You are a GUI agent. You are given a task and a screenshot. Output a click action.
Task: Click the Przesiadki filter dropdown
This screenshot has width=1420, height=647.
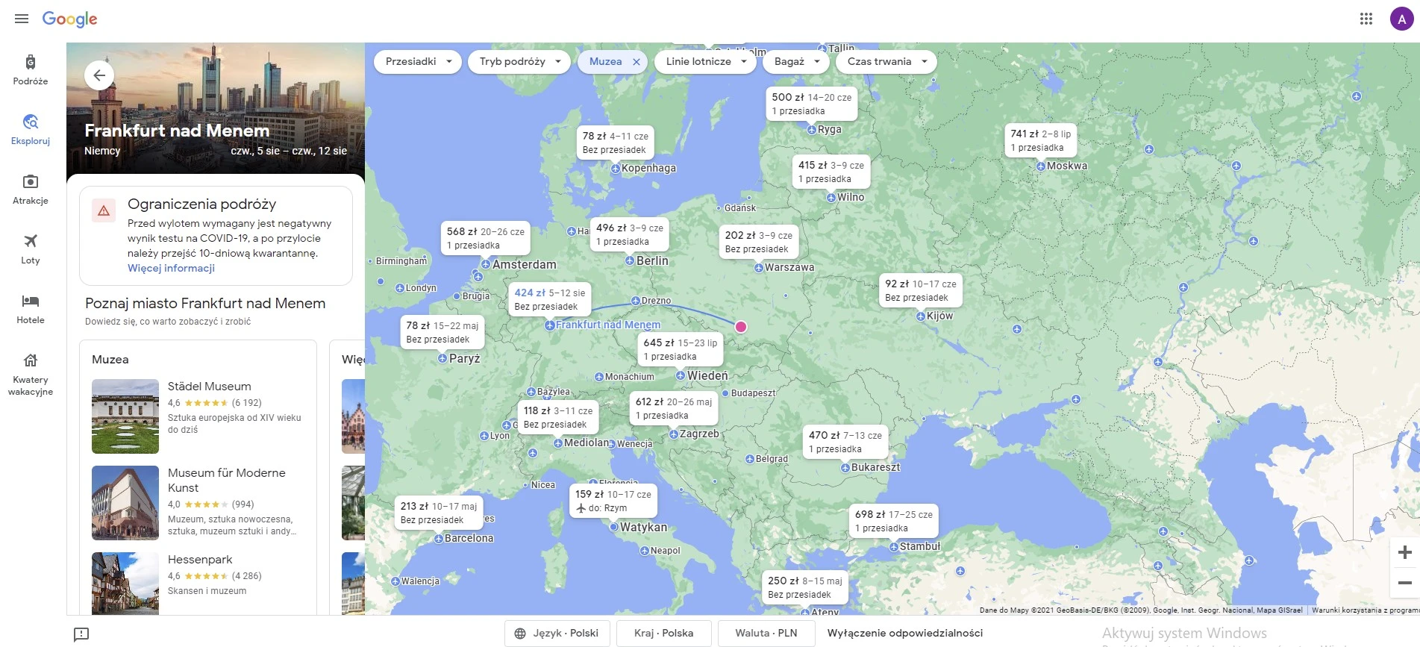tap(419, 62)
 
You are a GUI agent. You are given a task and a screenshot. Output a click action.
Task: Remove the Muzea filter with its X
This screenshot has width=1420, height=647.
tap(637, 62)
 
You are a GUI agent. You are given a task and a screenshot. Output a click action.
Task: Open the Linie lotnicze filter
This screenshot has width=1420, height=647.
tap(706, 62)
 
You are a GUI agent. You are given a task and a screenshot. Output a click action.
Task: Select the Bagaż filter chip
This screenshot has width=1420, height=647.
tap(796, 62)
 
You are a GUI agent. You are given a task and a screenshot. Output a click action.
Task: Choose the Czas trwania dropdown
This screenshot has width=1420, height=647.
tap(887, 62)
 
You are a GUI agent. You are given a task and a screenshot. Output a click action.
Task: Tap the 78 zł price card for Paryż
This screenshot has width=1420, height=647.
tap(442, 332)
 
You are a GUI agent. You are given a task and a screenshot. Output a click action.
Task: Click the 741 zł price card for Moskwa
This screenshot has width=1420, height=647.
tap(1040, 140)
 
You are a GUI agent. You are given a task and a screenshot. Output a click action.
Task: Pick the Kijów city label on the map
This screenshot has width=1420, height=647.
tap(939, 316)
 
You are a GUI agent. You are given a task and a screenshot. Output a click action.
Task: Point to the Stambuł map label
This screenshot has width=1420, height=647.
tap(919, 546)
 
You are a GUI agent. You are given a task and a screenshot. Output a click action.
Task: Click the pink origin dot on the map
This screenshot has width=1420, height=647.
tap(741, 327)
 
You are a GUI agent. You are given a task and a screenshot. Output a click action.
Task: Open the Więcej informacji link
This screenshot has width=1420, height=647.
tap(171, 269)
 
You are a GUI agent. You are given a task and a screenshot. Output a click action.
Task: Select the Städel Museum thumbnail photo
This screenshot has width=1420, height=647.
tap(125, 416)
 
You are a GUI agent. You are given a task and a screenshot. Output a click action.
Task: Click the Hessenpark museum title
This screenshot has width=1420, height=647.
tap(200, 560)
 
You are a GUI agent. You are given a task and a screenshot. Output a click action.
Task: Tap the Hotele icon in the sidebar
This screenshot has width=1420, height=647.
tap(31, 301)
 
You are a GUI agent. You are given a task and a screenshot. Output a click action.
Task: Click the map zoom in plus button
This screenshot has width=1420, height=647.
tap(1404, 552)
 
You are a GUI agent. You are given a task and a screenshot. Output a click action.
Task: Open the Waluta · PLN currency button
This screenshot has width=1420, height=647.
tap(766, 633)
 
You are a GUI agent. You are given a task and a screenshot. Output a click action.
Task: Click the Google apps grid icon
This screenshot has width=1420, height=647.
tap(1366, 19)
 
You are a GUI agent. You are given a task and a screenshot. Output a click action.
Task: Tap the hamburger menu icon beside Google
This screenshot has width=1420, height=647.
tap(22, 19)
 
